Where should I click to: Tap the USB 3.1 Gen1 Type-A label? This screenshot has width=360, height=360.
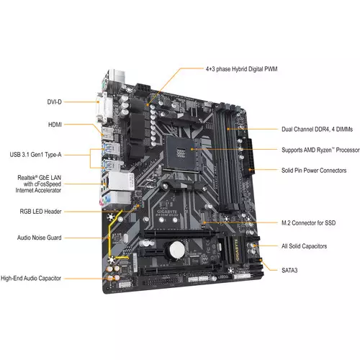click(x=45, y=153)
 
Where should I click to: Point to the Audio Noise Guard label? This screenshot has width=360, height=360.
click(x=49, y=237)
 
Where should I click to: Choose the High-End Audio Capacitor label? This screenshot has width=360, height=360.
click(x=41, y=277)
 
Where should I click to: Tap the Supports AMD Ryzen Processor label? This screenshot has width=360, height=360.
click(x=319, y=150)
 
